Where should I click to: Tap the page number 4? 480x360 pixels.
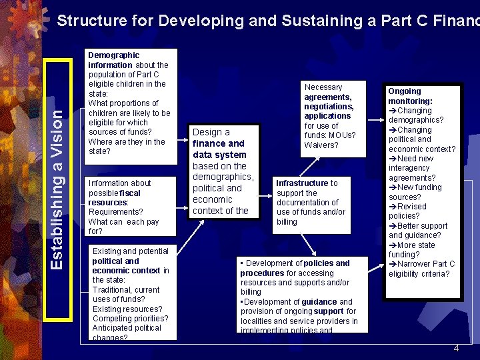[x=456, y=348]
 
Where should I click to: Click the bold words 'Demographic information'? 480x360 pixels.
[x=113, y=60]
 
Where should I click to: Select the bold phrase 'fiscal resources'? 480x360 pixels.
[x=114, y=197]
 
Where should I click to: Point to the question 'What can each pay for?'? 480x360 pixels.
[x=123, y=226]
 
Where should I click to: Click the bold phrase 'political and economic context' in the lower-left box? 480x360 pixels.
[x=126, y=265]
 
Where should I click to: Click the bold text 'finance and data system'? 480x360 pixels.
[x=219, y=149]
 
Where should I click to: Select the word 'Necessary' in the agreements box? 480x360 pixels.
[x=323, y=87]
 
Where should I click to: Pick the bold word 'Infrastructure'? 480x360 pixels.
[x=302, y=183]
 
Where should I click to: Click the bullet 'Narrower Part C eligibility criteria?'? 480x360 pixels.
[x=421, y=269]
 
